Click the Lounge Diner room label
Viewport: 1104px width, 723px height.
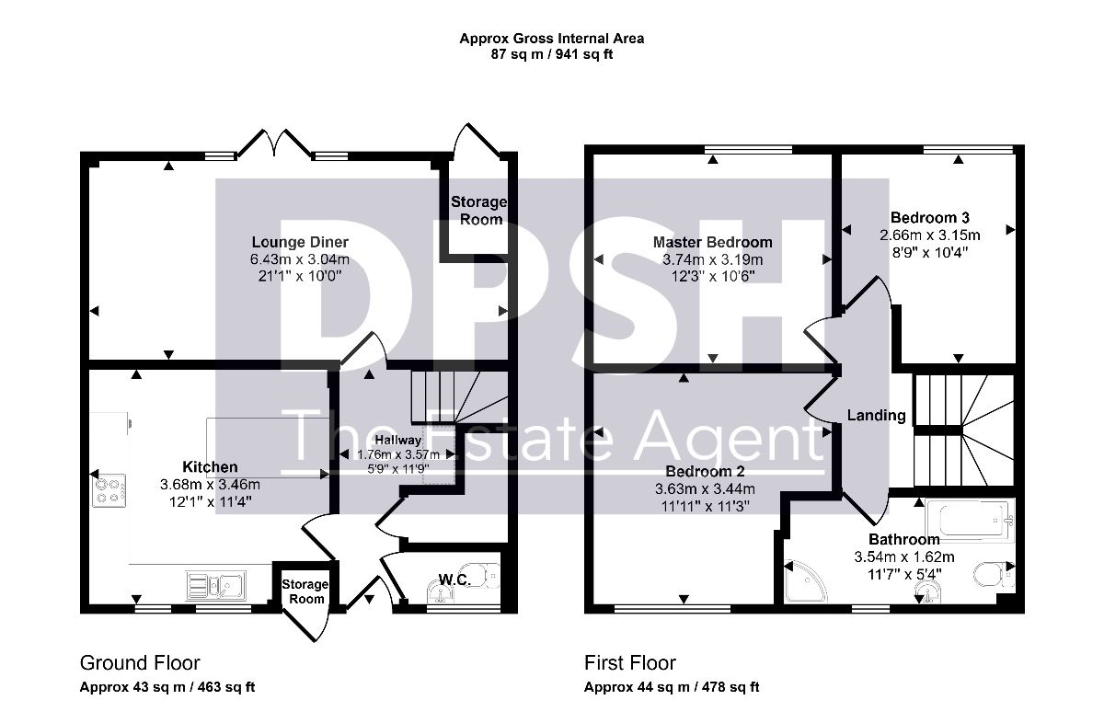[x=300, y=242]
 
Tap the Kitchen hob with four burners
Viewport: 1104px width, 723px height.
[x=109, y=490]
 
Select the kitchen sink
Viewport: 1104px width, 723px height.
[x=216, y=586]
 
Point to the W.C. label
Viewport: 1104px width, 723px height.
[x=454, y=580]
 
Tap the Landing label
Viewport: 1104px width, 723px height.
[x=876, y=416]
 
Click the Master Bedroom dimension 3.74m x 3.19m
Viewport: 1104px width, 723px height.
[x=713, y=259]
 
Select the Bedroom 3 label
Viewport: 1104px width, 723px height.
[x=929, y=217]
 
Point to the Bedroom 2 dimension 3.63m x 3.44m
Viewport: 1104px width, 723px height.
[x=705, y=489]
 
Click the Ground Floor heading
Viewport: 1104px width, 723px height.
[x=140, y=663]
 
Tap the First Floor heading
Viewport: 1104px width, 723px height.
[x=630, y=663]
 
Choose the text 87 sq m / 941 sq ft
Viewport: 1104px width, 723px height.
[x=551, y=54]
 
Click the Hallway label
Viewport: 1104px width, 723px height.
[x=398, y=440]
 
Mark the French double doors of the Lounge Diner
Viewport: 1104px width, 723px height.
[x=274, y=143]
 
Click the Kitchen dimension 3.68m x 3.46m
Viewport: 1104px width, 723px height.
[x=210, y=485]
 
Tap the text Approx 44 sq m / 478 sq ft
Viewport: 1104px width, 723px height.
[x=672, y=687]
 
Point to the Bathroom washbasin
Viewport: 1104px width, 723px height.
[x=927, y=591]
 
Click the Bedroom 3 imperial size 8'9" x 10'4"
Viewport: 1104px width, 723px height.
[x=930, y=252]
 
